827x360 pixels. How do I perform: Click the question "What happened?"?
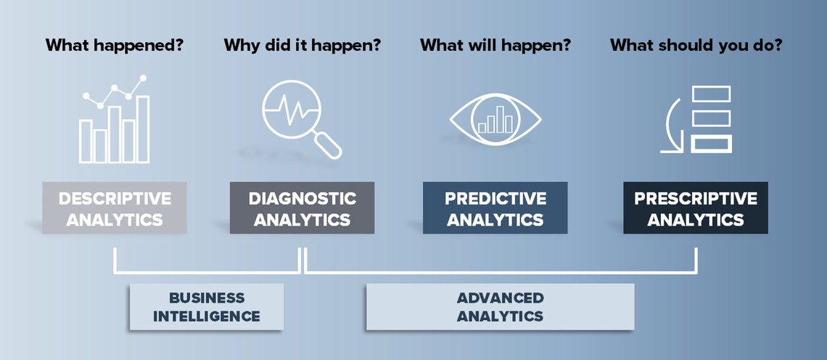114,46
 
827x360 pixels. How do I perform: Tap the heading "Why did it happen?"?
303,46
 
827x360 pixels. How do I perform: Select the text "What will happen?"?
495,46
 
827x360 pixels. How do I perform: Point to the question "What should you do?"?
696,46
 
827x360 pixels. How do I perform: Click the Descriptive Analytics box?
115,208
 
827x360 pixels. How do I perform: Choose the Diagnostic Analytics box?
303,208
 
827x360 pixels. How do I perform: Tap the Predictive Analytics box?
495,208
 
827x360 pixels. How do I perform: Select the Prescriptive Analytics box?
696,208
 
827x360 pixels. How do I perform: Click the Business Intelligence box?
207,307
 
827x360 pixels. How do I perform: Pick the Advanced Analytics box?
500,307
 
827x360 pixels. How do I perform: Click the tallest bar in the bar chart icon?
143,129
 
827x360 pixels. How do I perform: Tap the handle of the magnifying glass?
327,144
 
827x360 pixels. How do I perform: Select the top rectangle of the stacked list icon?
711,94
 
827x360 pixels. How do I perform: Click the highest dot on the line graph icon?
142,78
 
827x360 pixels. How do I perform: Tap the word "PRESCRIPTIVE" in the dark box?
696,198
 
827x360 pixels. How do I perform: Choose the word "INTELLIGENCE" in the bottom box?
207,316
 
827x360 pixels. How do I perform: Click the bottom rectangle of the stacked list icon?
711,144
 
